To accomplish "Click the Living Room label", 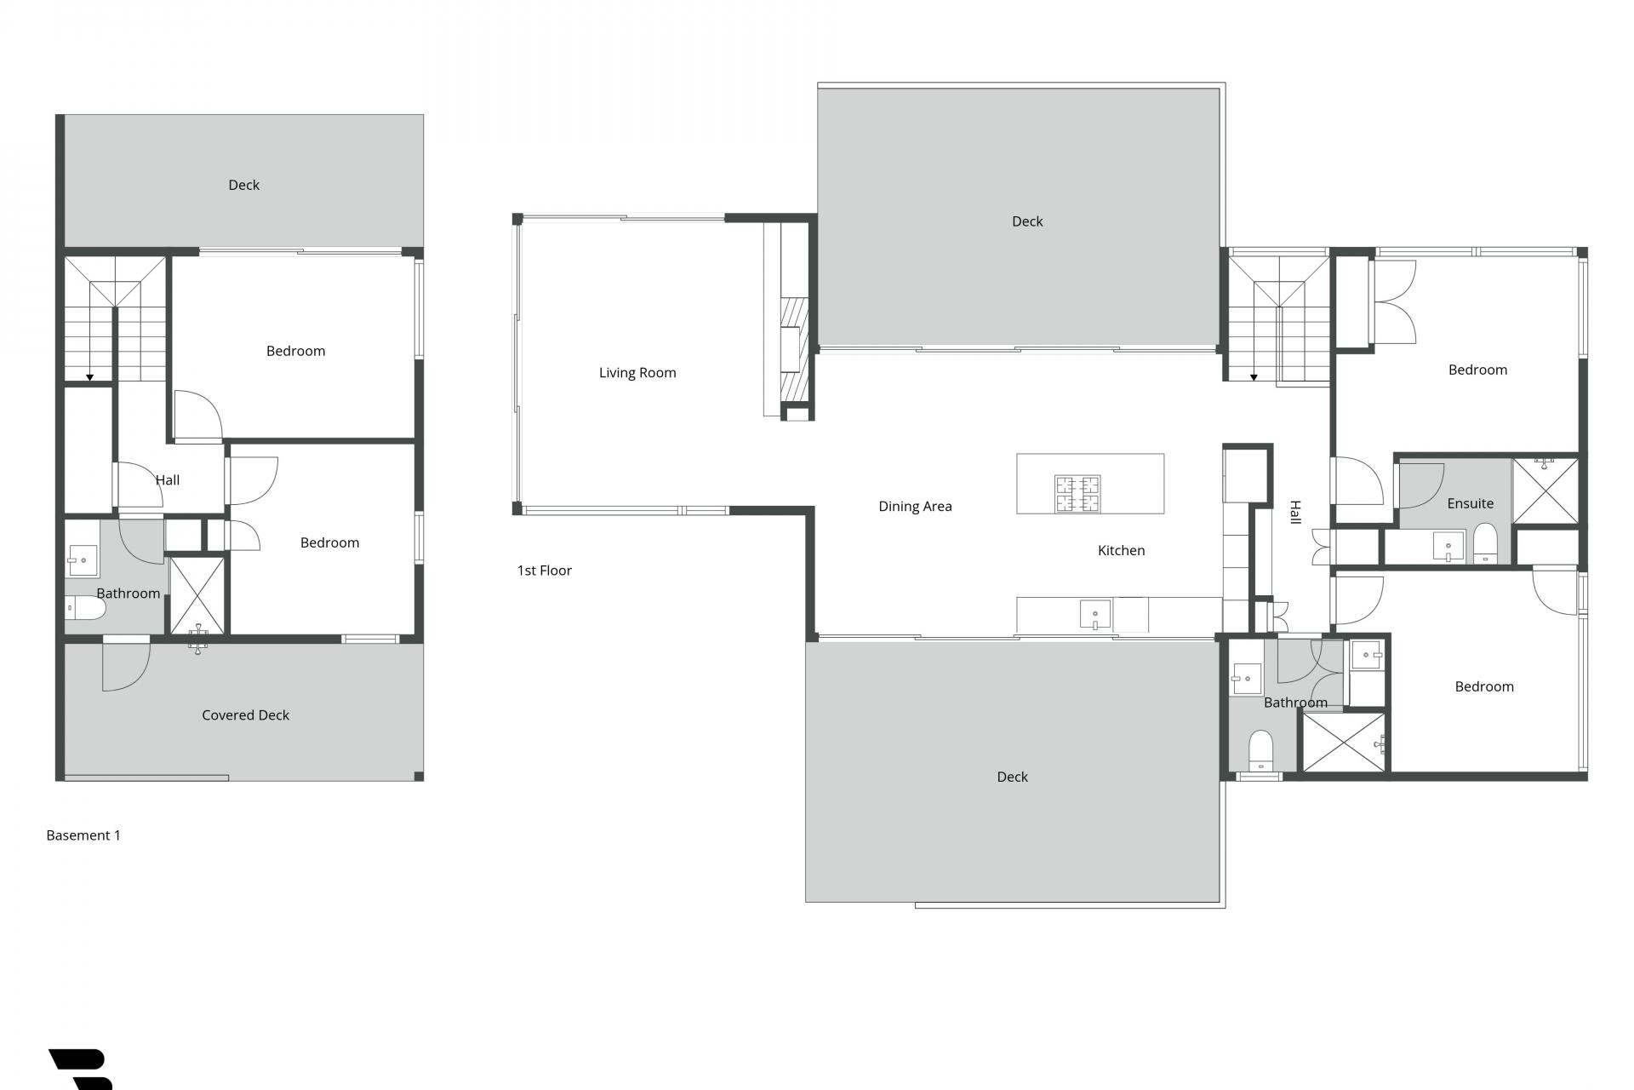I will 637,372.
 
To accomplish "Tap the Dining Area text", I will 915,506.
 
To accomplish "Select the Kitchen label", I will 1121,550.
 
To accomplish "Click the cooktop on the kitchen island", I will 1077,494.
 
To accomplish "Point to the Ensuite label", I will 1470,503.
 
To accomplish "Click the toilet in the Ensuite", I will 1485,544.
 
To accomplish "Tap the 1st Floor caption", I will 544,571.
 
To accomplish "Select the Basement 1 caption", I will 83,835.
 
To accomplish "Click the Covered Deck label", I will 245,715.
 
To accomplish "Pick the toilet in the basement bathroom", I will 85,608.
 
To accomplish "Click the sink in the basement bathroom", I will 83,561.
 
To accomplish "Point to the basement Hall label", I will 168,480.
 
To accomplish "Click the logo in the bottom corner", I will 81,1069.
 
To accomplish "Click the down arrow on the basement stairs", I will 89,376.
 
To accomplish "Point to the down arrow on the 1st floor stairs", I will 1254,376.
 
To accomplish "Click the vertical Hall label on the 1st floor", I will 1294,512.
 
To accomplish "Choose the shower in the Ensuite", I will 1545,491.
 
